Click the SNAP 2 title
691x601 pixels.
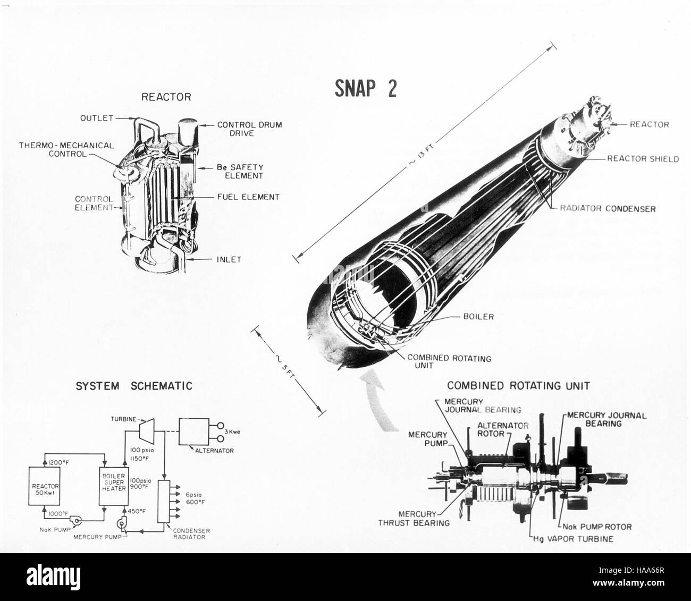(365, 88)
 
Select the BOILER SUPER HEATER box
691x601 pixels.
(114, 486)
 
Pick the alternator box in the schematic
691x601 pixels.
(193, 431)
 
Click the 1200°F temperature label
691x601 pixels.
(58, 462)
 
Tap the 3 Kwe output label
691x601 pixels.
(232, 431)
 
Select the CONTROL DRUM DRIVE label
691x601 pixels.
(249, 129)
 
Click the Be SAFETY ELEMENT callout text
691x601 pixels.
(240, 172)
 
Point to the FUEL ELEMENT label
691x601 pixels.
(248, 197)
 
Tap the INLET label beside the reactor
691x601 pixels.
(229, 260)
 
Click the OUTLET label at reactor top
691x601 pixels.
(97, 118)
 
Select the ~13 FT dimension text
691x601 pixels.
(421, 154)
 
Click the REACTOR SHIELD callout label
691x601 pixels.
(643, 159)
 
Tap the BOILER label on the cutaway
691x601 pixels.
(478, 317)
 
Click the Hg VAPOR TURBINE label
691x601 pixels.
(573, 539)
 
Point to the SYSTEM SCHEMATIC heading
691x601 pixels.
(134, 386)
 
